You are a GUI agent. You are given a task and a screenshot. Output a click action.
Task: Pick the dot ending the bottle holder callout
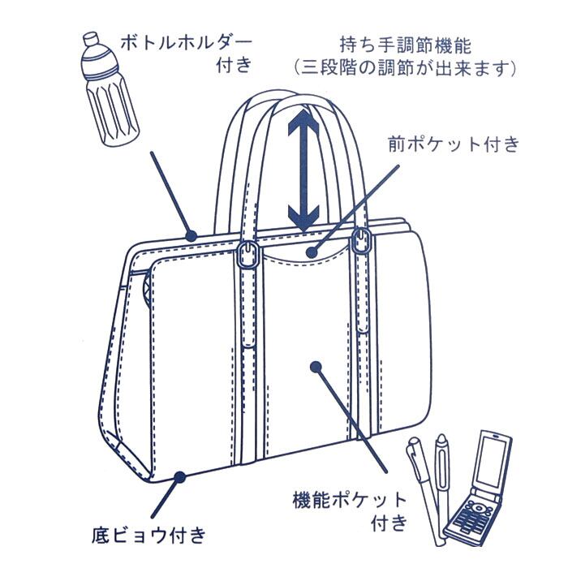(x=194, y=235)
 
